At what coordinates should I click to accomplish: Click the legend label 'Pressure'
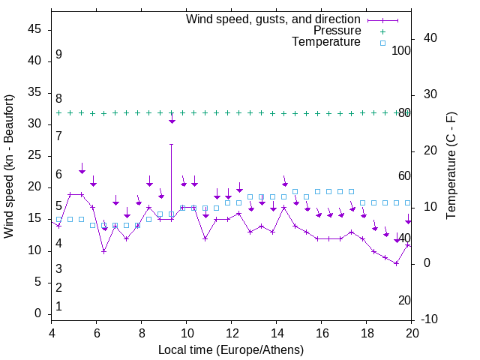coord(337,31)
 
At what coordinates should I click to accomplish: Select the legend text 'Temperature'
coord(326,42)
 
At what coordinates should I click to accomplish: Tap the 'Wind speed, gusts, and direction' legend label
coord(274,19)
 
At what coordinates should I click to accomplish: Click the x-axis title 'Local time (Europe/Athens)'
coord(231,350)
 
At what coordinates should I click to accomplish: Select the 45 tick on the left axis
coord(34,29)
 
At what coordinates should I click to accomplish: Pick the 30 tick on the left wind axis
coord(34,124)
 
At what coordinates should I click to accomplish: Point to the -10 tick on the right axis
coord(430,319)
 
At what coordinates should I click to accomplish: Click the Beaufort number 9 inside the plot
coord(58,55)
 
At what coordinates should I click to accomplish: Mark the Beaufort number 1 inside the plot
coord(58,306)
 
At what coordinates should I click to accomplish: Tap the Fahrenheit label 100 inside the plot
coord(402,50)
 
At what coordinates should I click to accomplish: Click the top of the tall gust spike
coord(172,144)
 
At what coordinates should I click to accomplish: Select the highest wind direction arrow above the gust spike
coord(172,118)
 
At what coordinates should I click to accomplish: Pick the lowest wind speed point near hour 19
coord(396,263)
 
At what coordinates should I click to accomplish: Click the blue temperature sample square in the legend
coord(382,43)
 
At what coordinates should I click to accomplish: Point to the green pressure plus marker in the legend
coord(382,31)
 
